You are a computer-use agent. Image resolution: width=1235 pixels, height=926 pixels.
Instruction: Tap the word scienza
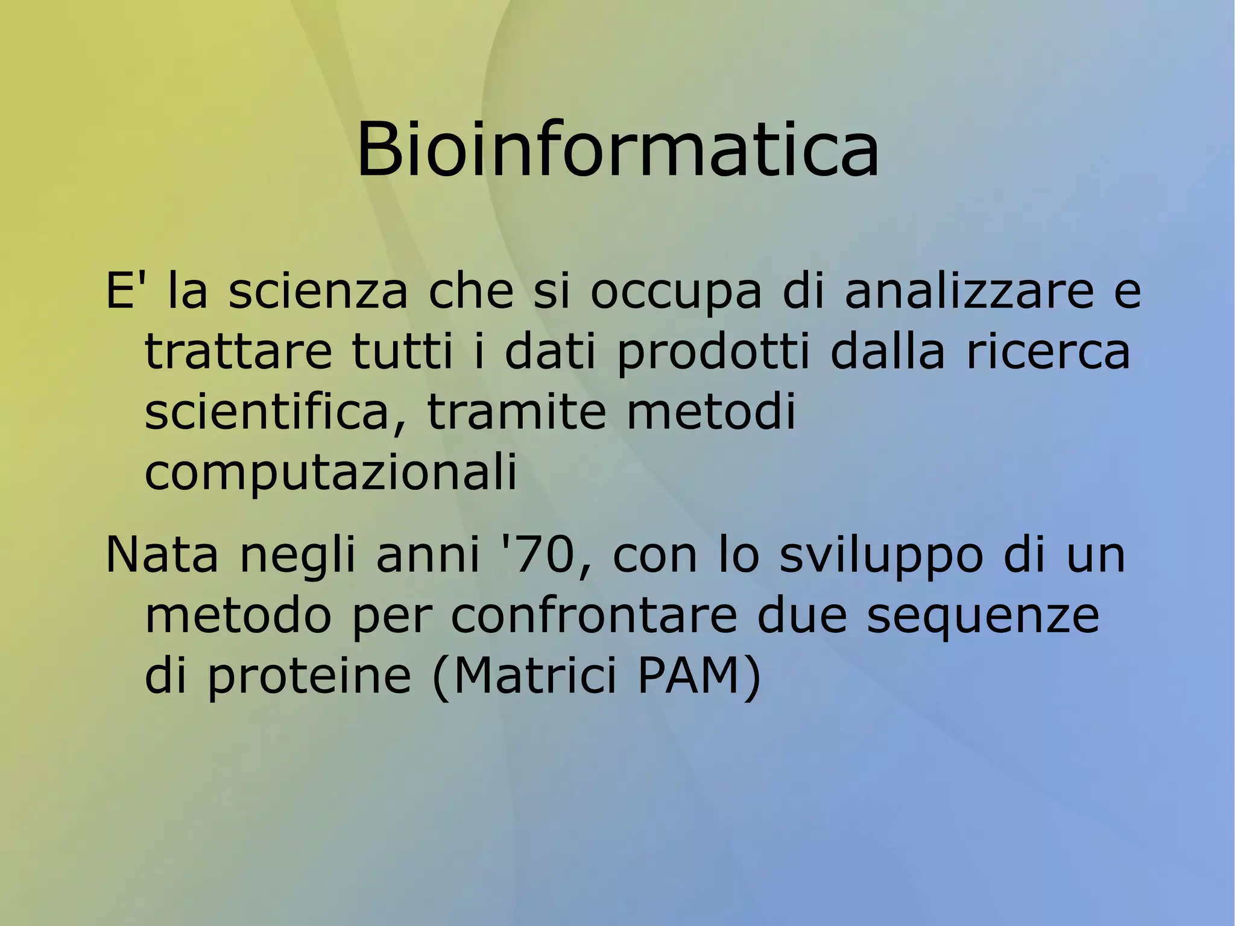click(318, 291)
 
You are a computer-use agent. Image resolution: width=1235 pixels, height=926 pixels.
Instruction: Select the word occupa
click(675, 293)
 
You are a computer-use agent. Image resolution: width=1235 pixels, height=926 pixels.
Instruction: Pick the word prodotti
click(713, 353)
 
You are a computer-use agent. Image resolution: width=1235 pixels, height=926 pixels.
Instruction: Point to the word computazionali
click(330, 474)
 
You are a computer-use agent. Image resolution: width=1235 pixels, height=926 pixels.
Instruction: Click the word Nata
click(162, 554)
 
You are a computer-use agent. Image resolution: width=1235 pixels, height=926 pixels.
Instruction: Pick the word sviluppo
click(881, 556)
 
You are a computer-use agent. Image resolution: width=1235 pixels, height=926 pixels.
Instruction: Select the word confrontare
click(594, 616)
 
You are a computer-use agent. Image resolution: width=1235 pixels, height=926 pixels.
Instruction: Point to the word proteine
click(309, 677)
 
